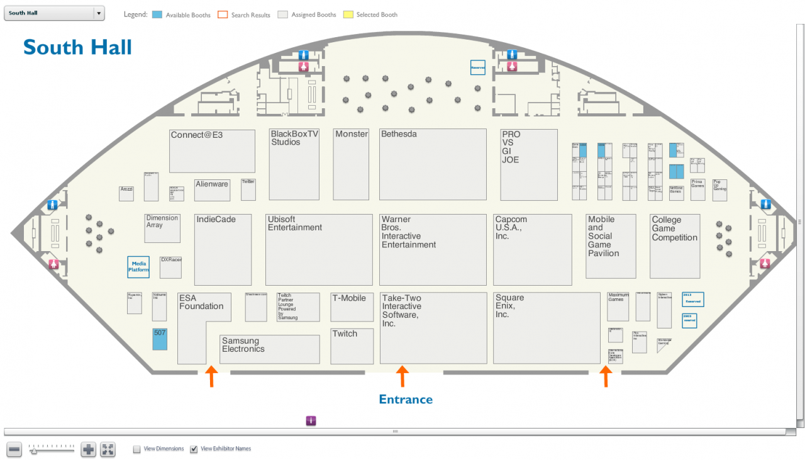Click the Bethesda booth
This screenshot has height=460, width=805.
coord(433,164)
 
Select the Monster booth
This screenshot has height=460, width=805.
coord(351,164)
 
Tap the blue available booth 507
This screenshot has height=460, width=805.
coord(160,339)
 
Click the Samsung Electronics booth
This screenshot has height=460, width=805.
coord(270,349)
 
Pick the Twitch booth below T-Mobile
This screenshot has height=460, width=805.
coord(352,346)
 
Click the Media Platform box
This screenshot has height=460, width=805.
coord(138,267)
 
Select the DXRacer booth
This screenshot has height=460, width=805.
coord(170,267)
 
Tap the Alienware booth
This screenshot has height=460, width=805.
coord(212,191)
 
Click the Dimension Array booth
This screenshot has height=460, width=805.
coord(162,228)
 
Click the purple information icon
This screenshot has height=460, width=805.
coord(311,421)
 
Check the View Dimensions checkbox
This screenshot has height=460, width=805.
coord(136,449)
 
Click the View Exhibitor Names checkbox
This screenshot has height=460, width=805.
coord(194,449)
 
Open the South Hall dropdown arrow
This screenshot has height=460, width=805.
coord(99,13)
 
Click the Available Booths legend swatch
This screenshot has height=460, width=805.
coord(157,14)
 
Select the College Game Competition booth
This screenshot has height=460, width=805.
coord(675,246)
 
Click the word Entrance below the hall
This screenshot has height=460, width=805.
coord(406,400)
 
